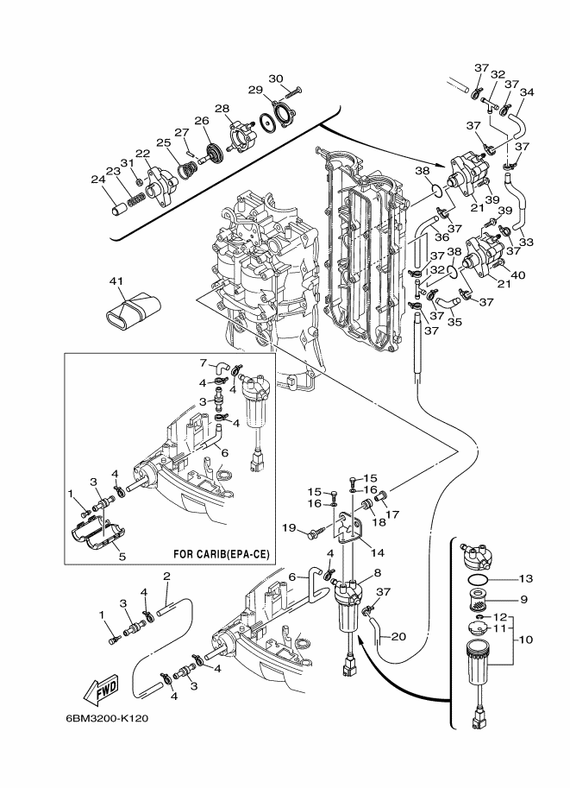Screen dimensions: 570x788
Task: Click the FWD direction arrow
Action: point(102,688)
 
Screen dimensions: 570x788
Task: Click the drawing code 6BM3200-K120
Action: point(106,718)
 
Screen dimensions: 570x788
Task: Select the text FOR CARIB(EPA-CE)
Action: point(222,554)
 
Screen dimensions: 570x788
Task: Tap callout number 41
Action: point(116,281)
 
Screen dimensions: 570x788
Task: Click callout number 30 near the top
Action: point(276,79)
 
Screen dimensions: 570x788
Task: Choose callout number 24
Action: point(99,179)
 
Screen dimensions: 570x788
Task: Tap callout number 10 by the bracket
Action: point(527,640)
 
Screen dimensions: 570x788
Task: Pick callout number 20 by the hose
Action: point(398,637)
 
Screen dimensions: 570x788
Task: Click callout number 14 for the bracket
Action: point(377,552)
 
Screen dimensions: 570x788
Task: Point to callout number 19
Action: point(289,527)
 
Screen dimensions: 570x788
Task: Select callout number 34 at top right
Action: point(527,92)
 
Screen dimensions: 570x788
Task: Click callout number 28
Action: point(222,109)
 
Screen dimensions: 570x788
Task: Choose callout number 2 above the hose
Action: point(166,576)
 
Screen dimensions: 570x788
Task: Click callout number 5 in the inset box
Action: point(122,557)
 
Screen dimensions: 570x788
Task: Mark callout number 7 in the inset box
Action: point(204,362)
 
